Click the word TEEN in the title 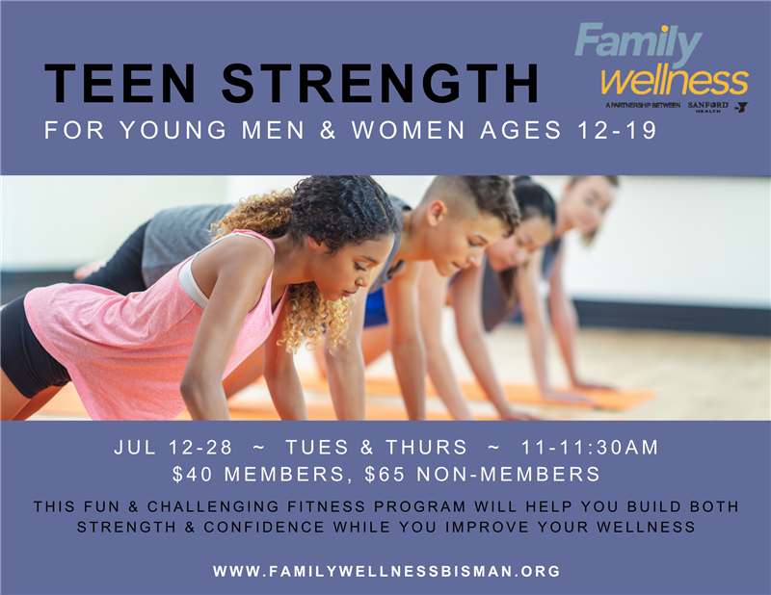[x=121, y=83]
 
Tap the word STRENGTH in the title [x=381, y=83]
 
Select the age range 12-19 [x=617, y=130]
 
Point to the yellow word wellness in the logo [x=675, y=81]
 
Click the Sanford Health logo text [x=707, y=107]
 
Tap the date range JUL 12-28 [x=173, y=447]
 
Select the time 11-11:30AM [x=589, y=447]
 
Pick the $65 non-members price [x=483, y=474]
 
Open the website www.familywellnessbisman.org [x=386, y=571]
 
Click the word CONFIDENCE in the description [x=264, y=528]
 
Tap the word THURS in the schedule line [x=426, y=447]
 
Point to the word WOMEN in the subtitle [x=408, y=130]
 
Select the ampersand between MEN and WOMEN [x=328, y=130]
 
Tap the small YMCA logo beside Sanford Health [x=741, y=107]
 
